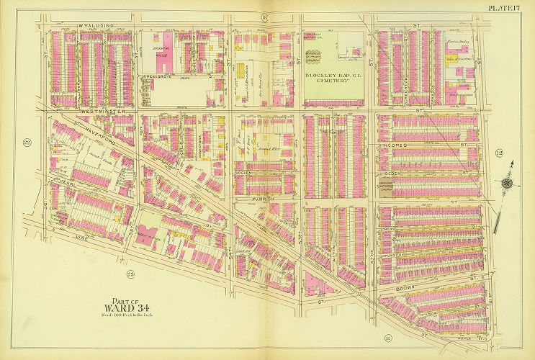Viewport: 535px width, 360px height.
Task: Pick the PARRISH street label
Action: tap(264, 197)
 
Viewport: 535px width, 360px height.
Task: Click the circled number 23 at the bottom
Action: tap(130, 274)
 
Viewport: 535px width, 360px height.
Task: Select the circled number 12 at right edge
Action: tap(498, 153)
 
